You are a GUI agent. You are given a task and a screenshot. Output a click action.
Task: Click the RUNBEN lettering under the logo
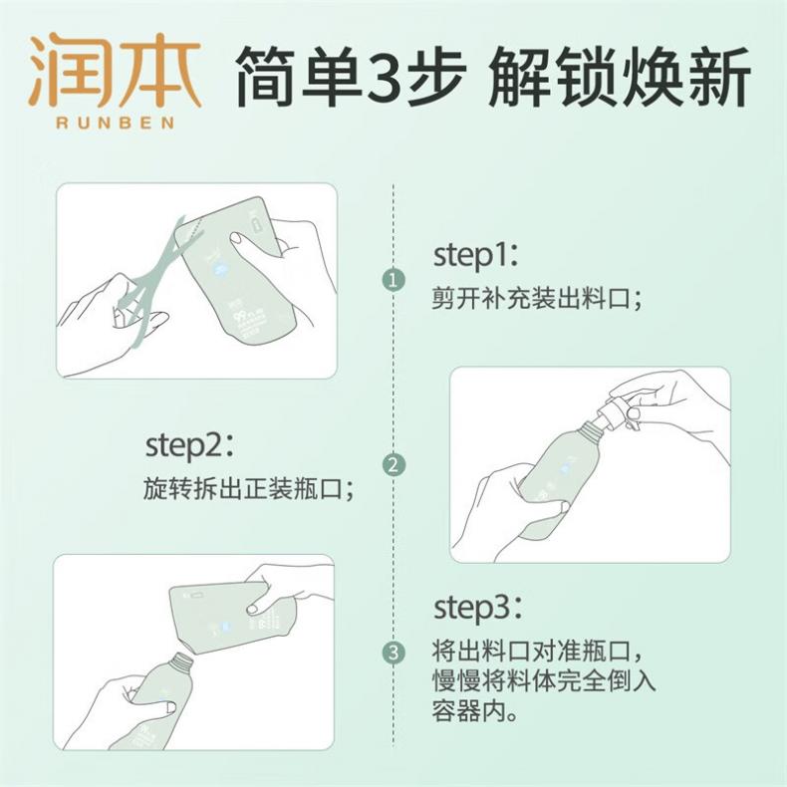point(116,123)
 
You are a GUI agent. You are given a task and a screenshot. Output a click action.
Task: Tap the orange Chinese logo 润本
point(116,71)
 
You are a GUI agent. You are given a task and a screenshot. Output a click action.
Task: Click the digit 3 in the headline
point(385,75)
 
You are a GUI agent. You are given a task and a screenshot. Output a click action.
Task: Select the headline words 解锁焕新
point(619,76)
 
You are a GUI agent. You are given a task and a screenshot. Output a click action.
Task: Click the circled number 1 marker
point(393,280)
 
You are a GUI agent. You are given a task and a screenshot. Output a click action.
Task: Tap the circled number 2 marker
point(393,465)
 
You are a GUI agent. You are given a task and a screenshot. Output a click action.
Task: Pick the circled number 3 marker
point(393,653)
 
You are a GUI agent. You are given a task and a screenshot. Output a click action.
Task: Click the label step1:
point(476,255)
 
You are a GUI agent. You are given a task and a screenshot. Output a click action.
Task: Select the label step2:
point(189,445)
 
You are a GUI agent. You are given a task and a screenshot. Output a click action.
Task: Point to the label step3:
point(478,608)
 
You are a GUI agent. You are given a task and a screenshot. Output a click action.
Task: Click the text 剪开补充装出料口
point(531,298)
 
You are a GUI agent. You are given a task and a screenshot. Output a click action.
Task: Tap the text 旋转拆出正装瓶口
point(243,488)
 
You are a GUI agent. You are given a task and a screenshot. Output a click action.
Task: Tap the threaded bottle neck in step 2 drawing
point(588,432)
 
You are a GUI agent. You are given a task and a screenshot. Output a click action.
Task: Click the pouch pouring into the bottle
point(231,617)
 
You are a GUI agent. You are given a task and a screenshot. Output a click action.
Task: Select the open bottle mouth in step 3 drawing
point(181,661)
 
